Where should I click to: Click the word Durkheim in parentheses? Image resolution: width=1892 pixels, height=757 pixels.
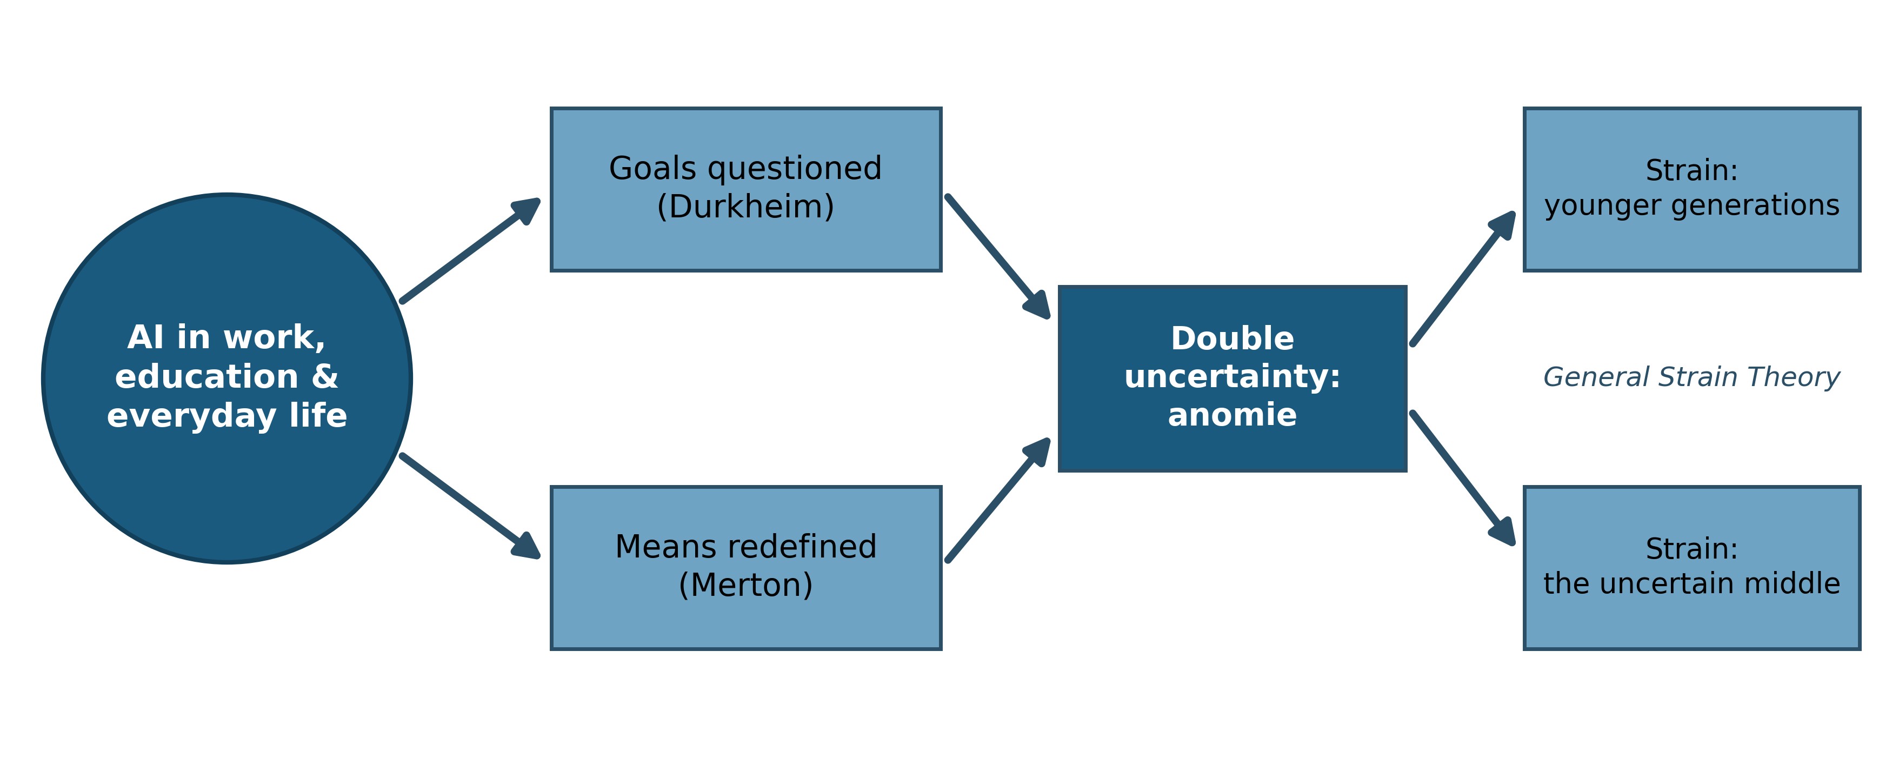(745, 207)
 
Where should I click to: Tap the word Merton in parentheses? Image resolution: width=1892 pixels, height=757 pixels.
(745, 585)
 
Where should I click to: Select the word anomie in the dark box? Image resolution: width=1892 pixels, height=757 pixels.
(1233, 415)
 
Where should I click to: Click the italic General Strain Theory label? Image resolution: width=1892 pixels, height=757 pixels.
(1691, 377)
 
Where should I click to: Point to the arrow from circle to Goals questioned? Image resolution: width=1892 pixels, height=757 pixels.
(471, 250)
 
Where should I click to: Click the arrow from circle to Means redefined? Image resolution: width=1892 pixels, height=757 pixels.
(471, 507)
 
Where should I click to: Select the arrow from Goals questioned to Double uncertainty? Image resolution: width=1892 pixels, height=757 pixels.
(998, 257)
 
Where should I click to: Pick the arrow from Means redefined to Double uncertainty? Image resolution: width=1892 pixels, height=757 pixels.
(998, 500)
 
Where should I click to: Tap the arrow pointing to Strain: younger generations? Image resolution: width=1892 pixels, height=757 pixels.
(1463, 278)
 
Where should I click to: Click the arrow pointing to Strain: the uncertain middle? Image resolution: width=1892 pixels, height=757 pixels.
(1463, 479)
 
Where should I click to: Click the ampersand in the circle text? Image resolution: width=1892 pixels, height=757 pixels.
(325, 376)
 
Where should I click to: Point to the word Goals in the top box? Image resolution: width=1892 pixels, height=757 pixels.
(653, 168)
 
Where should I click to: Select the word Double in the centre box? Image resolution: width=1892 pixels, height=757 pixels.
(1233, 338)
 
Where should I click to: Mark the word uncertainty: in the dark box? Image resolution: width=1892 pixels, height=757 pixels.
(1233, 376)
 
